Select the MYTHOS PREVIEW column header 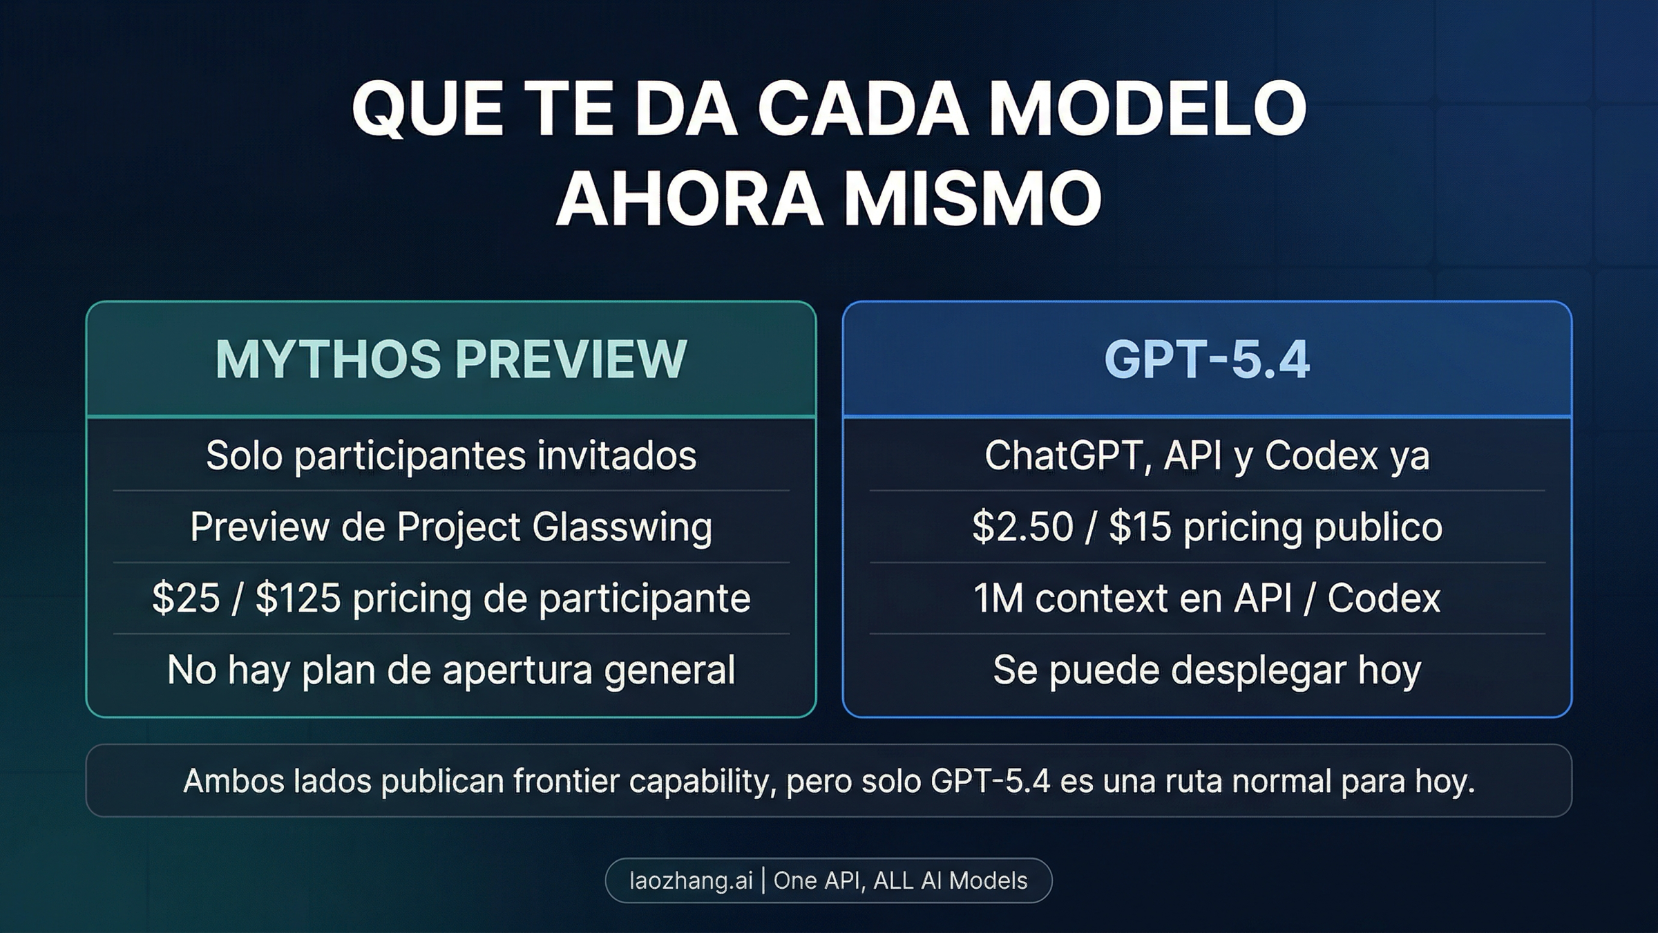(451, 359)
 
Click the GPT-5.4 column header (1207, 359)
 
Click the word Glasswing (622, 527)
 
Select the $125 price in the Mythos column (298, 599)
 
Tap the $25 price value (185, 599)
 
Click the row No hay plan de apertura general (451, 670)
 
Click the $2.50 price (1022, 527)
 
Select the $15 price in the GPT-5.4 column (1140, 527)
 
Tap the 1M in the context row (998, 599)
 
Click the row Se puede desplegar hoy (1207, 670)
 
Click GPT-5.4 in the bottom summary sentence (990, 782)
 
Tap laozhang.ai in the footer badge (690, 880)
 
